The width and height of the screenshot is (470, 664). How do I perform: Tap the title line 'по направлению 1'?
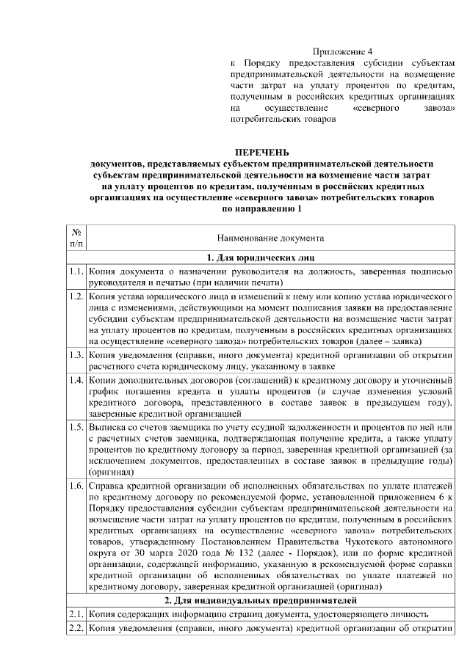click(261, 209)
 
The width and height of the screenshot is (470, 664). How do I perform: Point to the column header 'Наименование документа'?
click(270, 238)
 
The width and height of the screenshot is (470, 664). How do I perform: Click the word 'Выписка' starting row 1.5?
click(108, 426)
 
